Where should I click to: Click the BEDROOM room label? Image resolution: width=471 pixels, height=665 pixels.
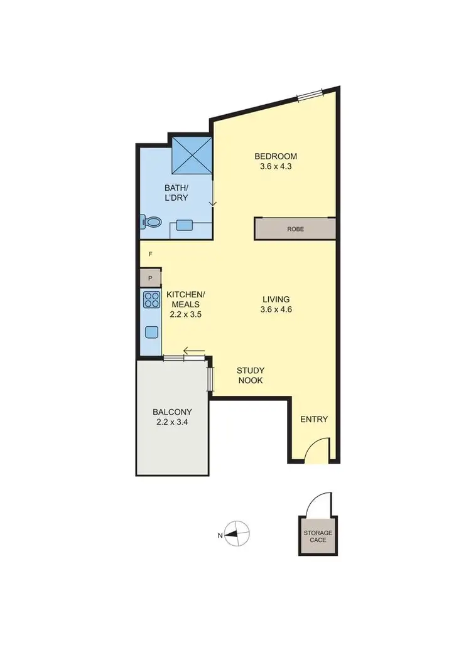coord(275,156)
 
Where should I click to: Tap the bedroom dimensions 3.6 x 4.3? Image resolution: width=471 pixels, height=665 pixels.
coord(275,167)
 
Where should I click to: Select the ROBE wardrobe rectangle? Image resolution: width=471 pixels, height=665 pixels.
coord(295,229)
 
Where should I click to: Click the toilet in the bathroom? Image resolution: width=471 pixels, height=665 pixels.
coord(151,221)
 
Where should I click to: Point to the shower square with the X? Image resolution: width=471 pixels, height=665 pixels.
coord(193,154)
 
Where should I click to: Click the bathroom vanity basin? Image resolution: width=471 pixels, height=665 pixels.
coord(185,225)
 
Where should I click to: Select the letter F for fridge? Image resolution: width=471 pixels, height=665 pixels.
coord(150,254)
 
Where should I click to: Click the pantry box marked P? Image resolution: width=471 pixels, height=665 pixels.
coord(151,278)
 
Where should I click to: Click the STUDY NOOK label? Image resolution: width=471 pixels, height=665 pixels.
coord(250,375)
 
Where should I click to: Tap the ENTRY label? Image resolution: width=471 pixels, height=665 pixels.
coord(314,419)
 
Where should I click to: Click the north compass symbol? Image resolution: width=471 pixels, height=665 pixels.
coord(235,535)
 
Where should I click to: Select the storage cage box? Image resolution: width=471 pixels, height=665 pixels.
coord(318,536)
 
